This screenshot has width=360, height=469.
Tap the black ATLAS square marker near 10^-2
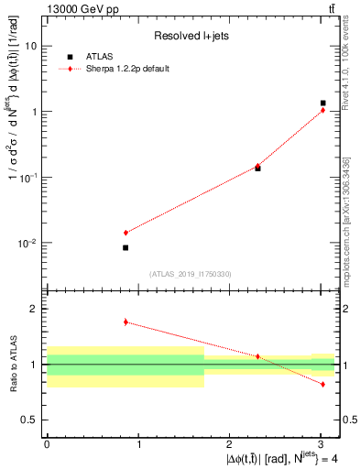pyautogui.click(x=125, y=247)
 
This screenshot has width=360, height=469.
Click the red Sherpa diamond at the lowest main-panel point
pyautogui.click(x=125, y=233)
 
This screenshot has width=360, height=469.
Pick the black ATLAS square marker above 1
pyautogui.click(x=322, y=104)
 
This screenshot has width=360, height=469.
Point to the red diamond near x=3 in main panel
pyautogui.click(x=322, y=111)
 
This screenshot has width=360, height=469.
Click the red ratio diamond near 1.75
pyautogui.click(x=125, y=322)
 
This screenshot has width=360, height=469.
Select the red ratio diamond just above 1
pyautogui.click(x=257, y=356)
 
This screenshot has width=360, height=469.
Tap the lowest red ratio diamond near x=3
pyautogui.click(x=322, y=384)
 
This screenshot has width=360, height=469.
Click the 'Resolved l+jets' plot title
pyautogui.click(x=190, y=36)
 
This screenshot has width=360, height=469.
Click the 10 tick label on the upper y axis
pyautogui.click(x=31, y=46)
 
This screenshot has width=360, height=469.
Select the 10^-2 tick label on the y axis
pyautogui.click(x=27, y=243)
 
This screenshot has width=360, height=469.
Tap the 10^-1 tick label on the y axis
pyautogui.click(x=27, y=177)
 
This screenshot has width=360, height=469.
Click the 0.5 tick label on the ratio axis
pyautogui.click(x=30, y=420)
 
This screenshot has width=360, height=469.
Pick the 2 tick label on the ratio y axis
pyautogui.click(x=35, y=310)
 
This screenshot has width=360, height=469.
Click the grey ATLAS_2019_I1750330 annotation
pyautogui.click(x=190, y=274)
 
